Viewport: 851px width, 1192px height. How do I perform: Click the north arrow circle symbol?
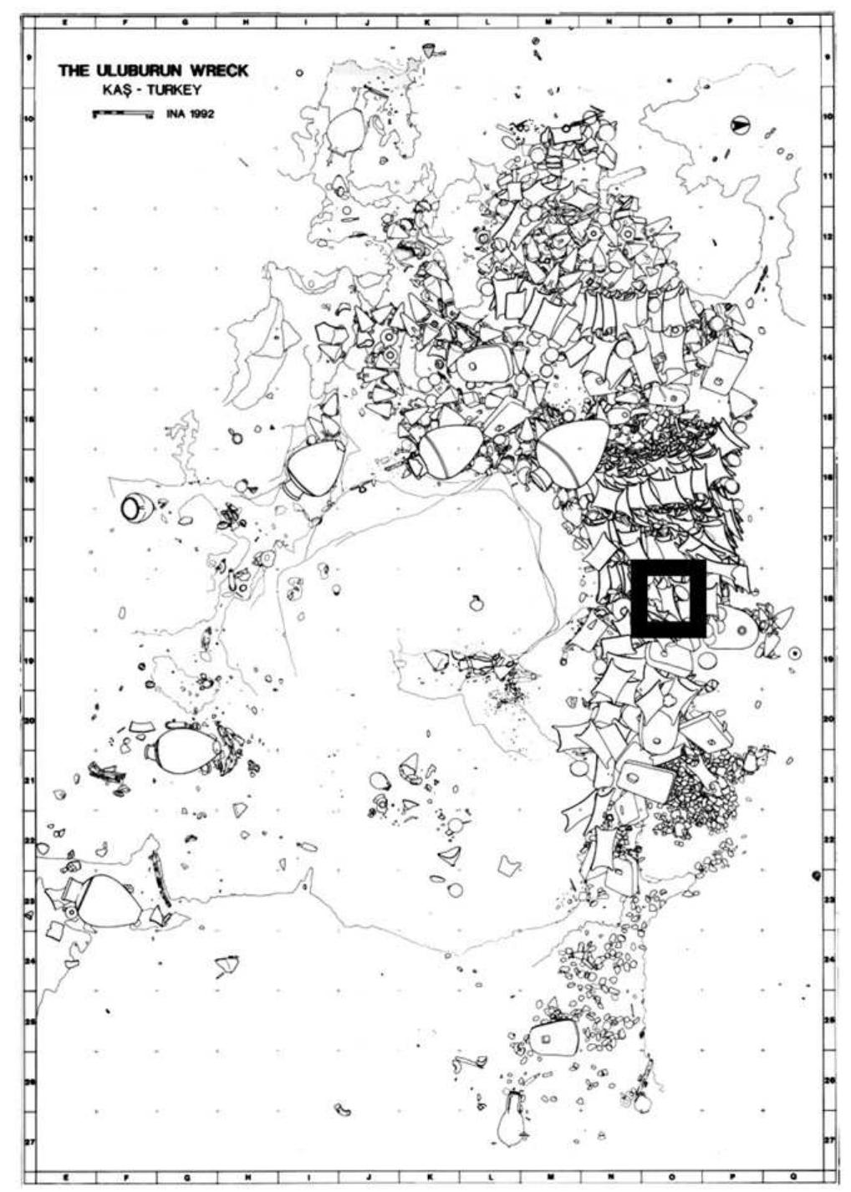[x=740, y=125]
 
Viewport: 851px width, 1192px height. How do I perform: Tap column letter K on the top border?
[x=427, y=23]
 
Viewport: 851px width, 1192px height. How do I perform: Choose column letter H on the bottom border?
[x=244, y=1176]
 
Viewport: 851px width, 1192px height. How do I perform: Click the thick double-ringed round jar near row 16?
[x=135, y=508]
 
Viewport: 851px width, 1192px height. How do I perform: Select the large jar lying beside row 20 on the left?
[x=183, y=750]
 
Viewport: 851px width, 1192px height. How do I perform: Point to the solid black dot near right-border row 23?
[x=817, y=875]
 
